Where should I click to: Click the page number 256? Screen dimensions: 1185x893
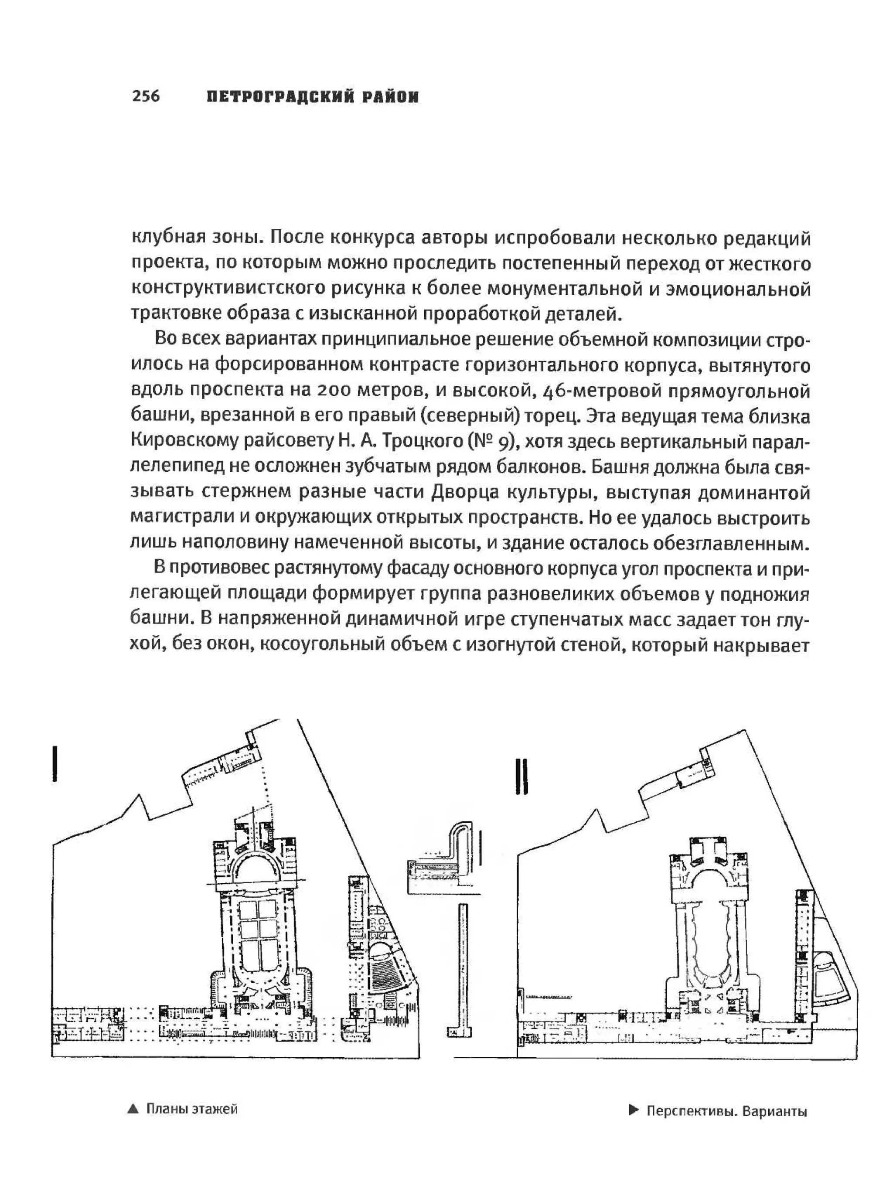tap(146, 96)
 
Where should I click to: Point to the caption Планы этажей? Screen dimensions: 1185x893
tap(192, 1109)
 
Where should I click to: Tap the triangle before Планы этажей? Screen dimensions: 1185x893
tap(133, 1110)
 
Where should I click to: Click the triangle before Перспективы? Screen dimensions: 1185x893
tap(634, 1110)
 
